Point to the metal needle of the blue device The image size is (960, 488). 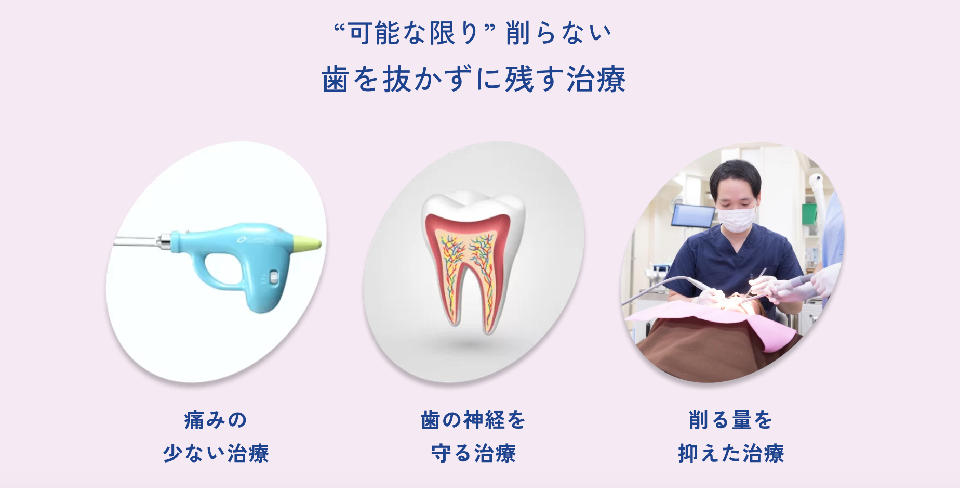[x=135, y=241]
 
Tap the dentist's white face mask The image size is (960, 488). [x=736, y=218]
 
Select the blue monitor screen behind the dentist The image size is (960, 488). [x=692, y=215]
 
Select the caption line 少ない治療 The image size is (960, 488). [x=216, y=453]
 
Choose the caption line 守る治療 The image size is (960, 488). [x=473, y=453]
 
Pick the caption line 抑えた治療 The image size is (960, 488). [x=730, y=453]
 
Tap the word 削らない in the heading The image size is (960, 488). [x=558, y=33]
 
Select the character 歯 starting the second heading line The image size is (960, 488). [x=335, y=80]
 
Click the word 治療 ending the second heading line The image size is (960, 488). [x=596, y=80]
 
